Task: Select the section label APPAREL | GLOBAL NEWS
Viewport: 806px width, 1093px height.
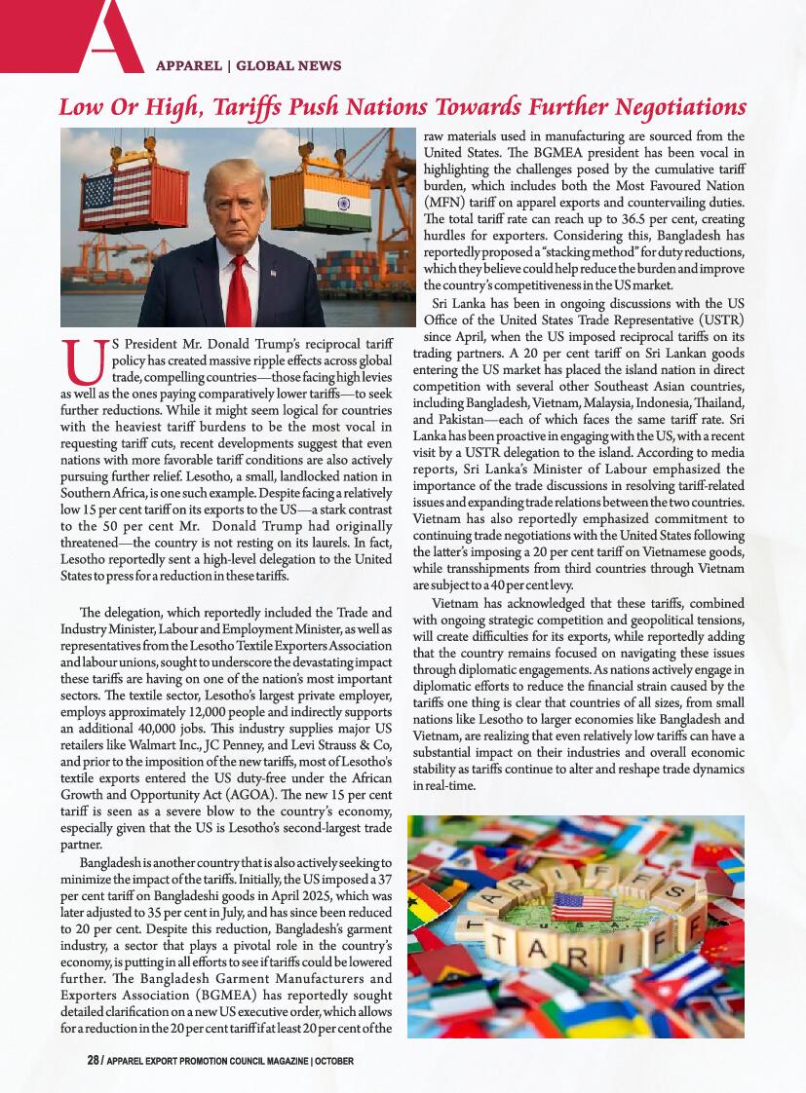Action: (249, 66)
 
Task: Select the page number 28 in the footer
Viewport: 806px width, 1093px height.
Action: (94, 1060)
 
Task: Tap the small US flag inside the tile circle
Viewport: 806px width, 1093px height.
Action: (582, 906)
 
